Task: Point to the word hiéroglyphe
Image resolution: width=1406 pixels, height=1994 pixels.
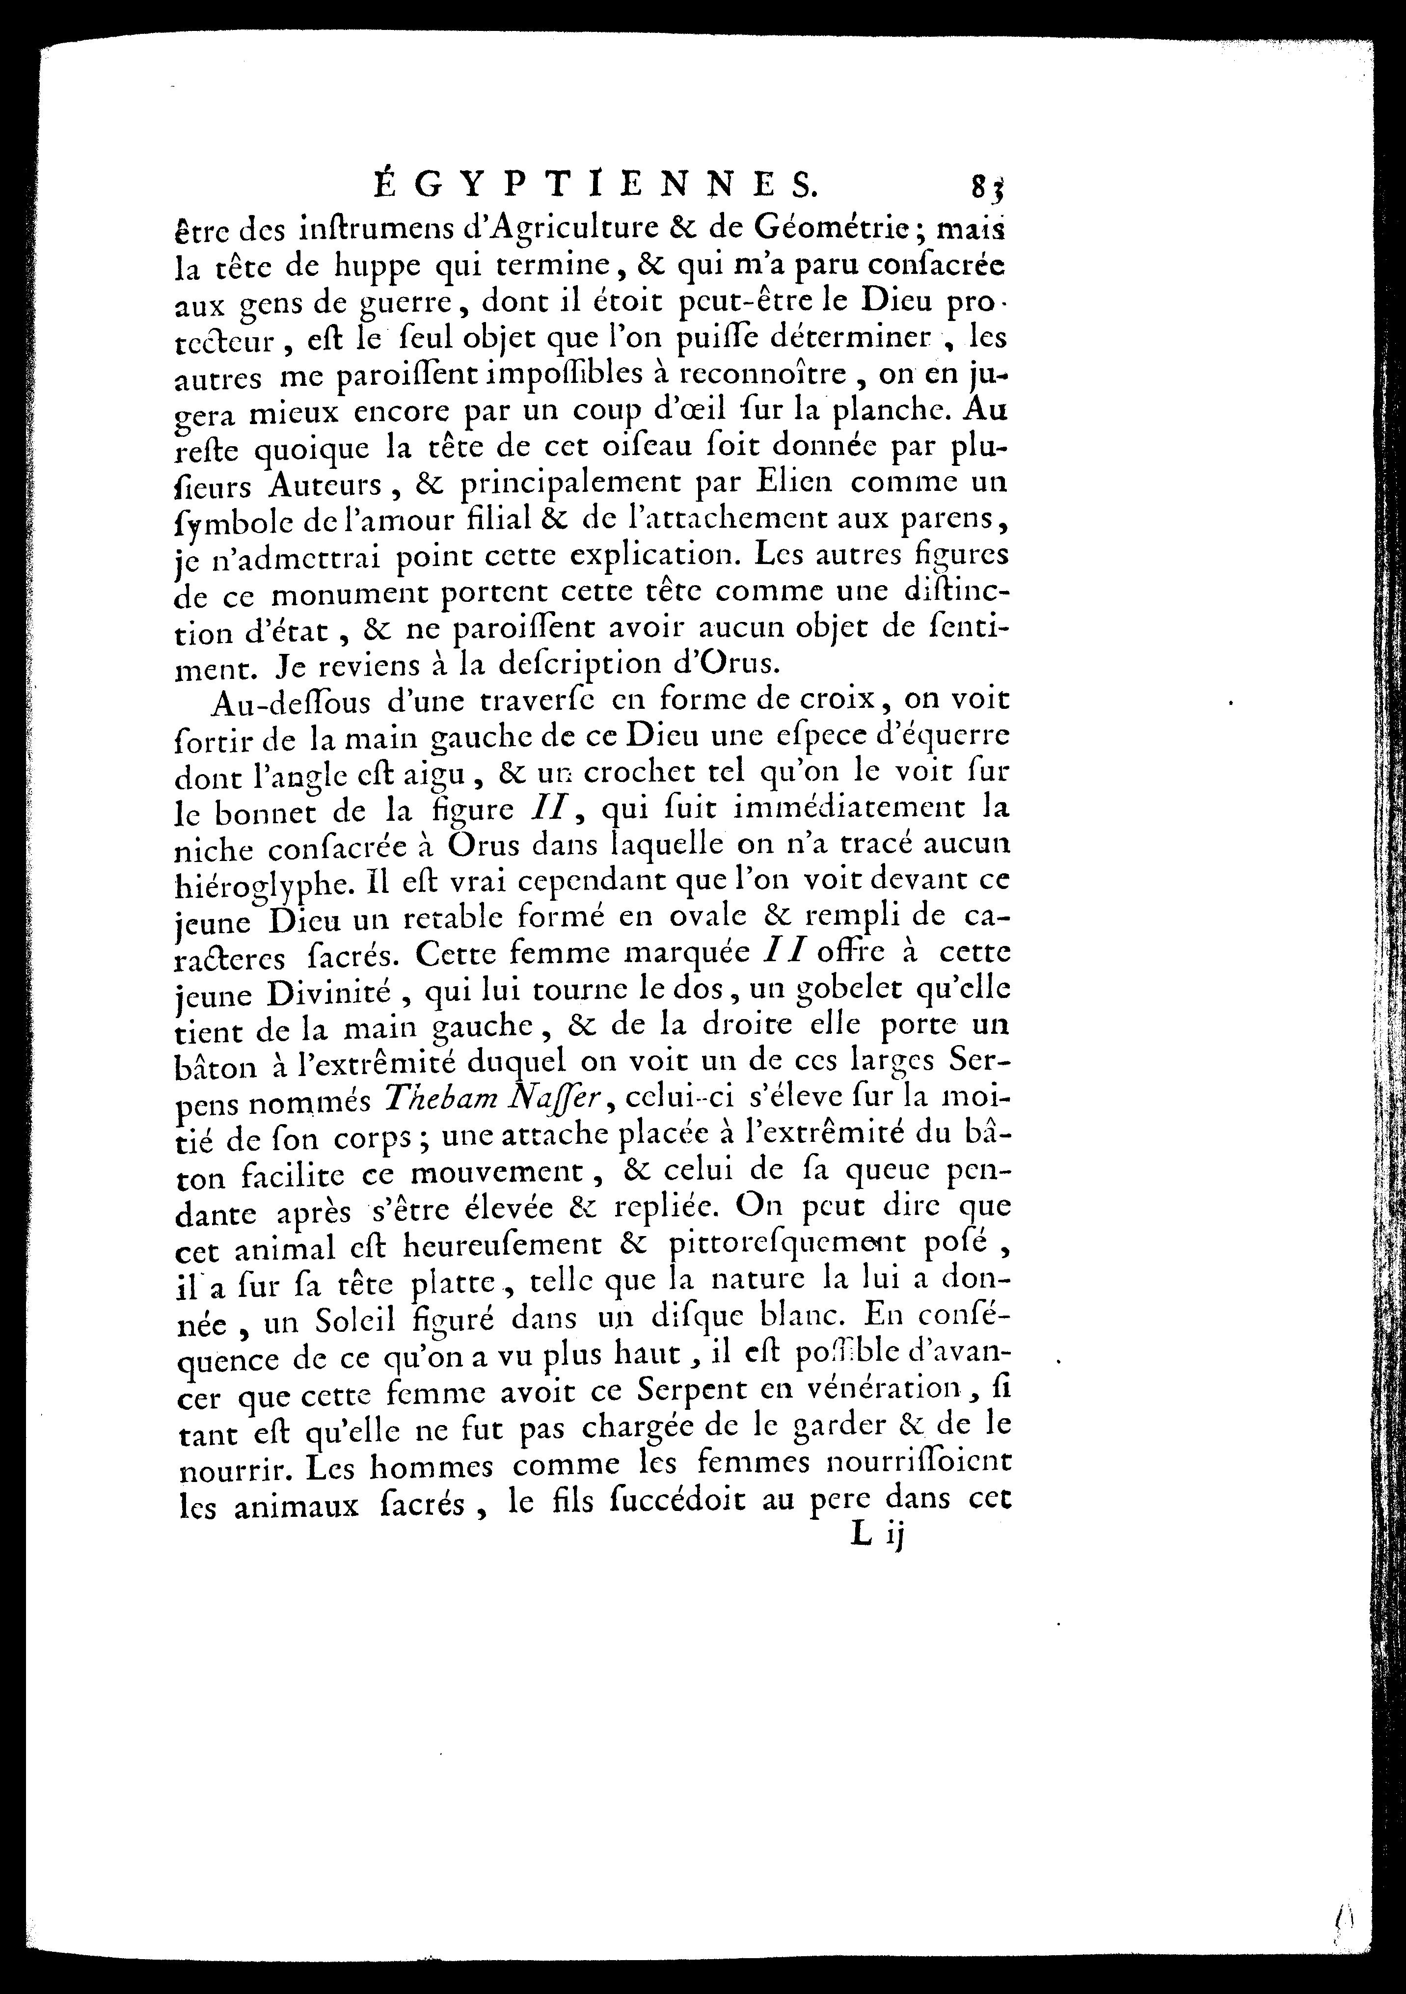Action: [x=261, y=882]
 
